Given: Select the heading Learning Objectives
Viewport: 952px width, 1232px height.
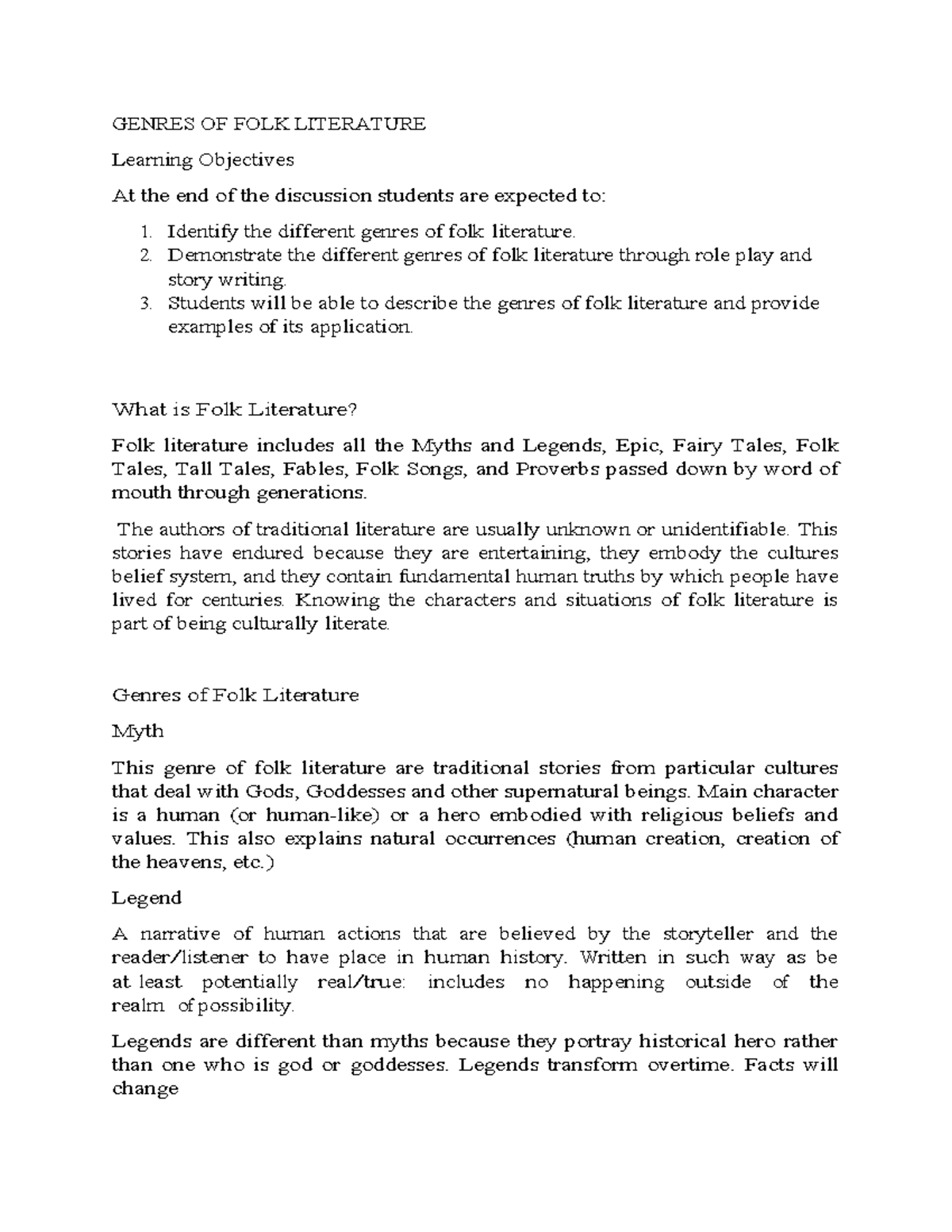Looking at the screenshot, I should (202, 160).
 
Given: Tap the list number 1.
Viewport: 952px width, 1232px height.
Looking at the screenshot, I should (145, 232).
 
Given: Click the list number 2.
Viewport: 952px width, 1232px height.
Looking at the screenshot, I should (145, 255).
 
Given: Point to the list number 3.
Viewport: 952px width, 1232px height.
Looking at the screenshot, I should (145, 303).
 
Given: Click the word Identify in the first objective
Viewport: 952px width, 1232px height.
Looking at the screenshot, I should (202, 232).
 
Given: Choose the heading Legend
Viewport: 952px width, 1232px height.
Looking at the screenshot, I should (147, 898).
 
